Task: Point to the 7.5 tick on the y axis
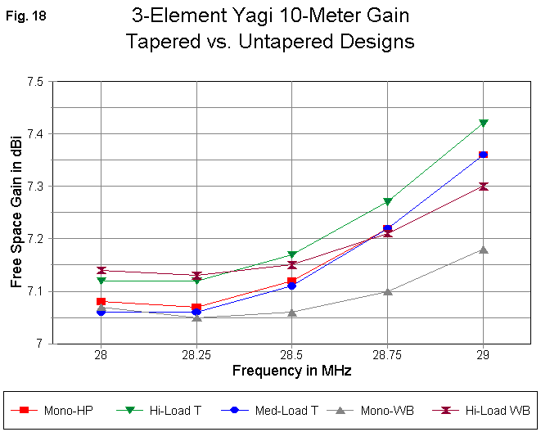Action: pyautogui.click(x=35, y=82)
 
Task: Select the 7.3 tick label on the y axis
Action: pyautogui.click(x=35, y=187)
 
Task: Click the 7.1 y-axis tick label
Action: pyautogui.click(x=35, y=291)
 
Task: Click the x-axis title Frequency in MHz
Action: pyautogui.click(x=291, y=371)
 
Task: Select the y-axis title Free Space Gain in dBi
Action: pyautogui.click(x=16, y=213)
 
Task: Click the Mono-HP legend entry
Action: pyautogui.click(x=69, y=409)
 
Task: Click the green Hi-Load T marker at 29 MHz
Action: pyautogui.click(x=484, y=124)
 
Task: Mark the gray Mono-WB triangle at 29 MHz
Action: pyautogui.click(x=484, y=250)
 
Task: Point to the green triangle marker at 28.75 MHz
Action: pyautogui.click(x=388, y=202)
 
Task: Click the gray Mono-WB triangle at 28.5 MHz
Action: pyautogui.click(x=292, y=312)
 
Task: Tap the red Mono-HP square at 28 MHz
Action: pyautogui.click(x=101, y=302)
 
